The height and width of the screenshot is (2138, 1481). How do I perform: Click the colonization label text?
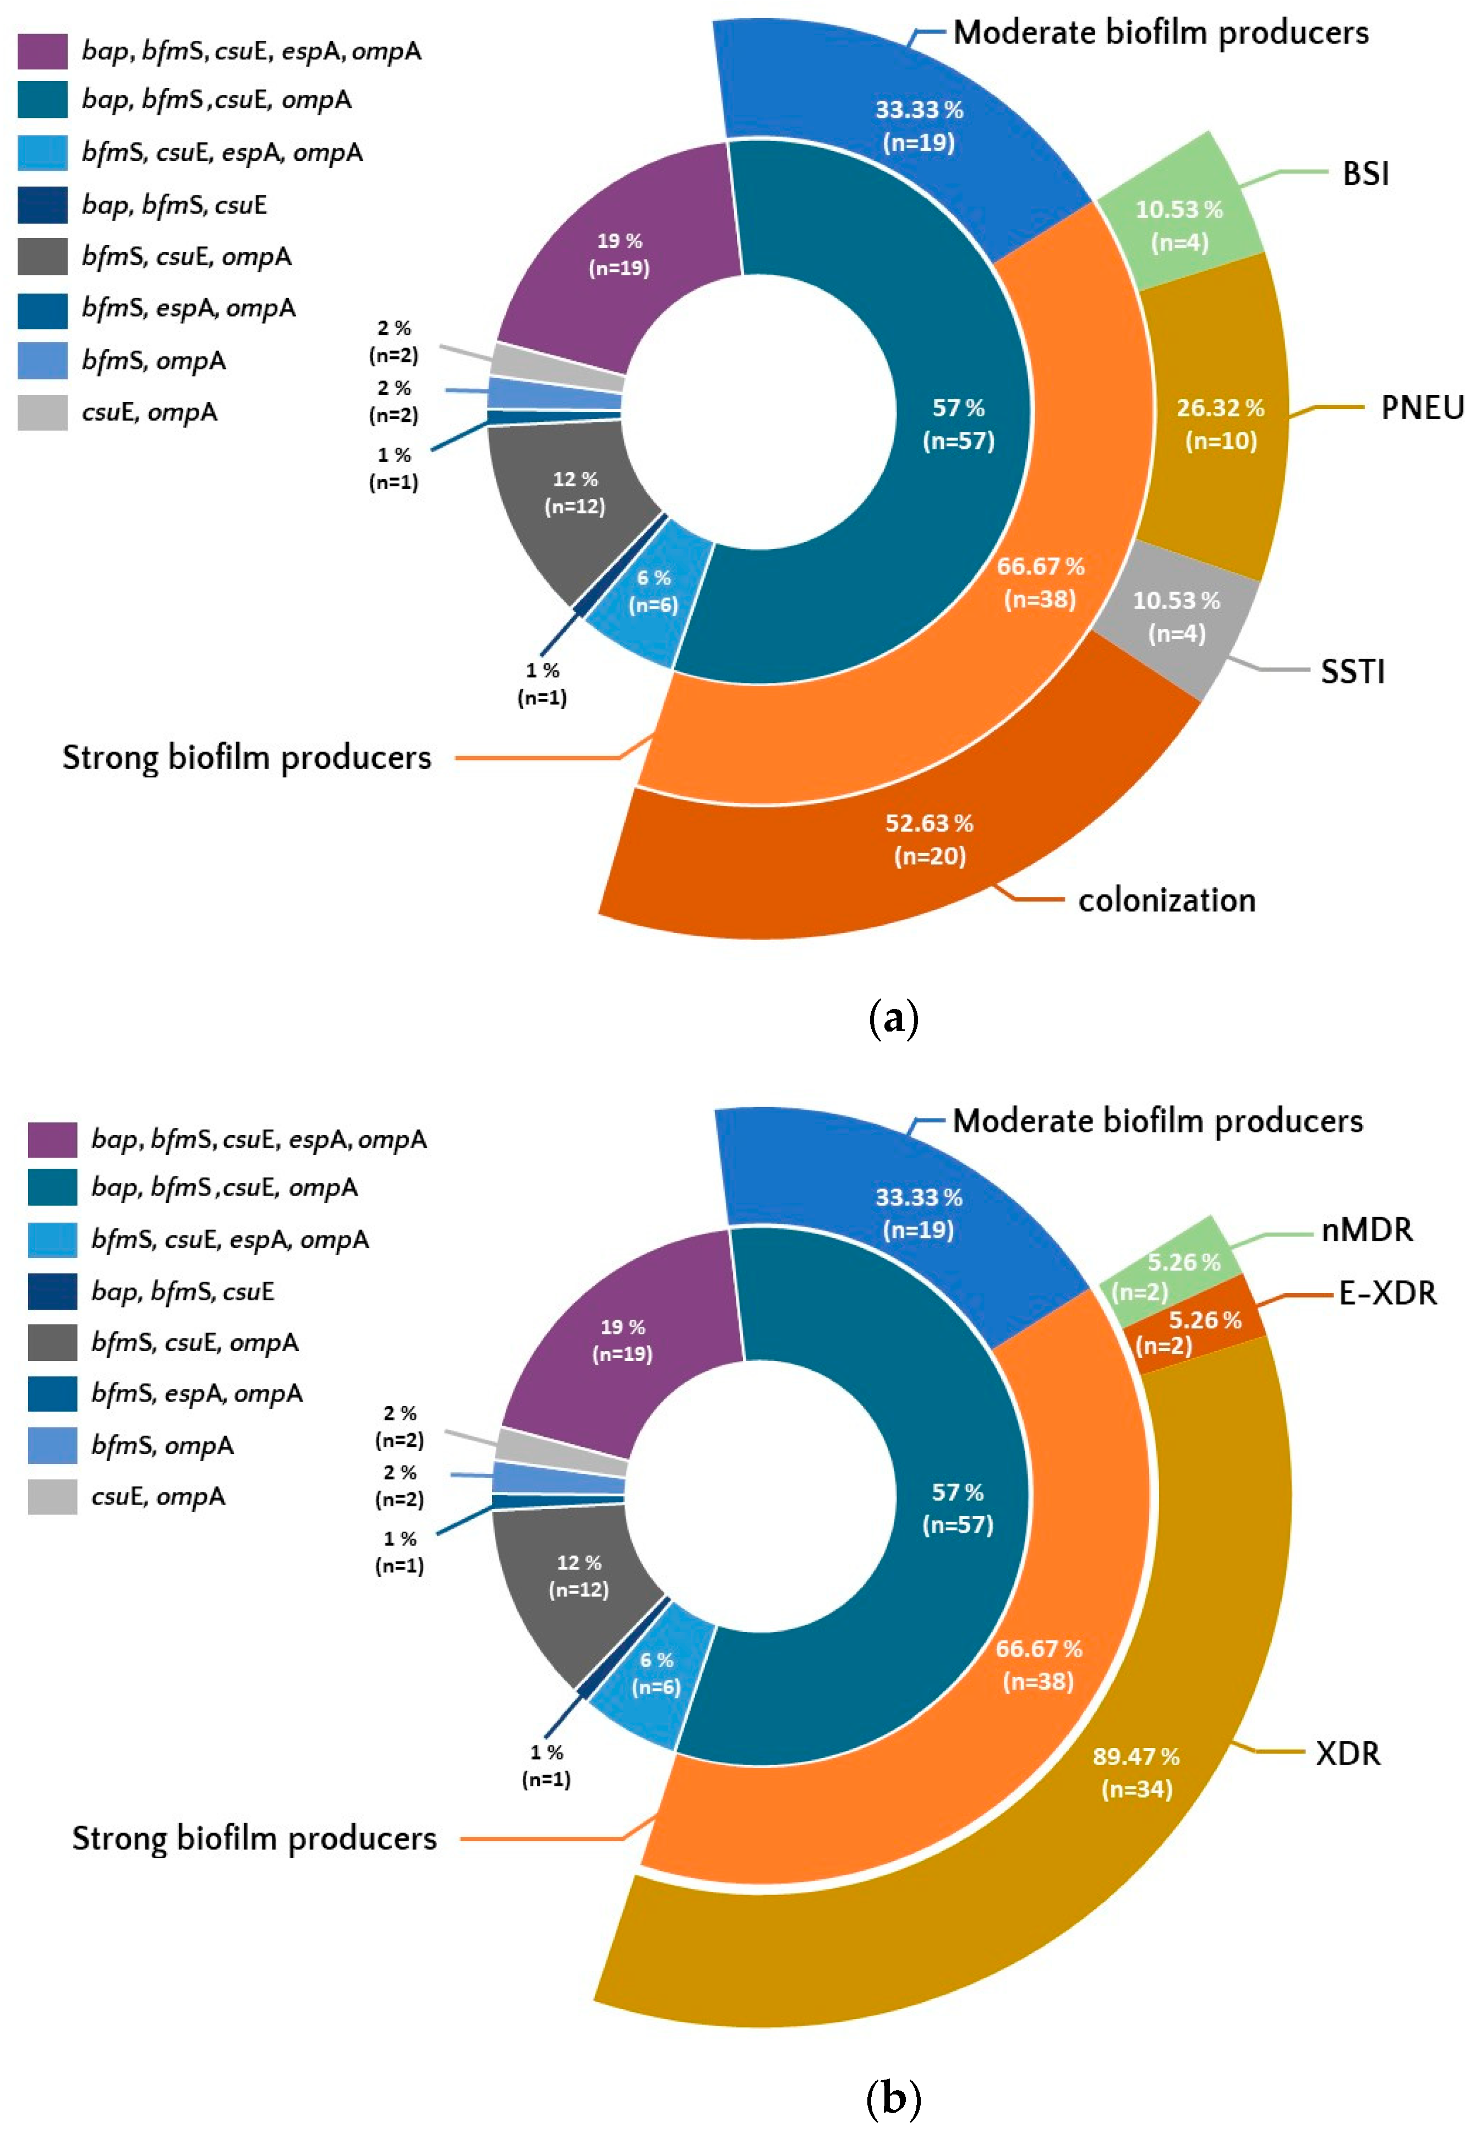click(1166, 900)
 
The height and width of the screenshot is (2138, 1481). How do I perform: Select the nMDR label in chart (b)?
click(1366, 1229)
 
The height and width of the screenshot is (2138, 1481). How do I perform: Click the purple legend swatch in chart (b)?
click(52, 1139)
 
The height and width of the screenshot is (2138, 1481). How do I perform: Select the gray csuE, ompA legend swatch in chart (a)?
click(43, 412)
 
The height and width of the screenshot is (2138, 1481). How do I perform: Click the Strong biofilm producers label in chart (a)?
click(247, 757)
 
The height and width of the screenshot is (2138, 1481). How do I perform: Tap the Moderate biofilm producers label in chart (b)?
click(1157, 1121)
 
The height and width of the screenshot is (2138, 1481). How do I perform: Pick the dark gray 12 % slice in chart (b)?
click(578, 1576)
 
